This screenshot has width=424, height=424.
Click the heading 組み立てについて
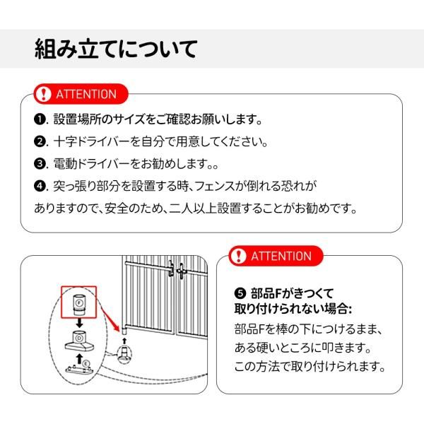pyautogui.click(x=116, y=49)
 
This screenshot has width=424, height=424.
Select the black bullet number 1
pyautogui.click(x=40, y=119)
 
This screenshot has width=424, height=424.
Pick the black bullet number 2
pyautogui.click(x=40, y=141)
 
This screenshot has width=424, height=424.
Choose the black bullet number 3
pyautogui.click(x=40, y=164)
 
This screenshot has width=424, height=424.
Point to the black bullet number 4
pyautogui.click(x=40, y=187)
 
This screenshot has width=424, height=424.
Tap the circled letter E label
pyautogui.click(x=86, y=365)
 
